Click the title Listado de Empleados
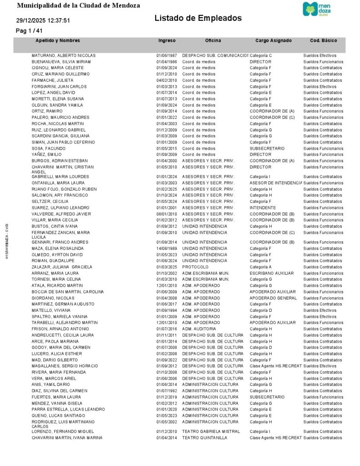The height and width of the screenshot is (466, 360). pos(198,18)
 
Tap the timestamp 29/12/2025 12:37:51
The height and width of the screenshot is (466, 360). pos(43,20)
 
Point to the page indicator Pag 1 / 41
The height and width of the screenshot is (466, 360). pos(29,30)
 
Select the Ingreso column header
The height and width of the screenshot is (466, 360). pos(167,41)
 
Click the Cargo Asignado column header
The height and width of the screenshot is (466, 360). pos(274,41)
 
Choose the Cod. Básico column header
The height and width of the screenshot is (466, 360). pos(323,41)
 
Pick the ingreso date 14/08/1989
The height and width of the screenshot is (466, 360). pos(166,248)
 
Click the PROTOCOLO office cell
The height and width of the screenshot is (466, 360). pos(195,267)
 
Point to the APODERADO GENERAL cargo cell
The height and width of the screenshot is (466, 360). pos(273,298)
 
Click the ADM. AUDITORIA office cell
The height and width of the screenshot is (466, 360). pos(199,329)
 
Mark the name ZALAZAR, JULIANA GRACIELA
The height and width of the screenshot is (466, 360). pos(62,267)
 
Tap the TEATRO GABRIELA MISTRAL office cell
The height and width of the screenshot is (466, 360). pos(211,431)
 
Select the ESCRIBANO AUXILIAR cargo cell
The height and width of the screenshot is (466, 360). pos(272,274)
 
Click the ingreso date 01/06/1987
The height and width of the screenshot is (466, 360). pos(166,56)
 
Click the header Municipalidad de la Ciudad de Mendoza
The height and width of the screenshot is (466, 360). pos(78,5)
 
